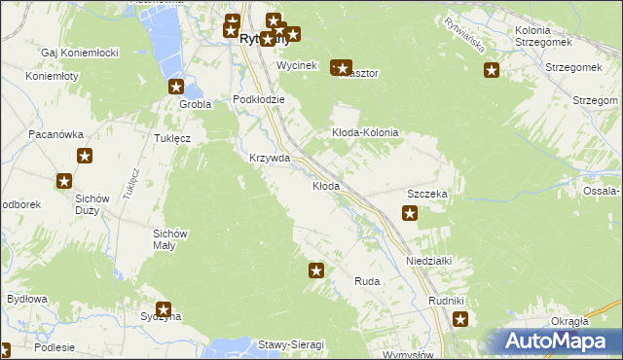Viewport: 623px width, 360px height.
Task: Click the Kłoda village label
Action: (x=326, y=186)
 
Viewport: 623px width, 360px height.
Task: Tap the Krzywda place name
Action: (x=270, y=158)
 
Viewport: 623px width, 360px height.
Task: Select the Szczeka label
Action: (x=426, y=194)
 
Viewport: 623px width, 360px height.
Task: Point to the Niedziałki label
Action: (x=429, y=261)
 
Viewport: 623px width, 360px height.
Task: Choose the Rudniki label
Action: (x=447, y=300)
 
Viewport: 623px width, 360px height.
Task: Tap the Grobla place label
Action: (x=196, y=103)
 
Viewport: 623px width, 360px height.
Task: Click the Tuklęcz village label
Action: (x=172, y=138)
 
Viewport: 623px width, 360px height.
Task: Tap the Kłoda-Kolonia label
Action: (x=366, y=132)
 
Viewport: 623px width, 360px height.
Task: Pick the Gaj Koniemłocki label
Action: (x=80, y=53)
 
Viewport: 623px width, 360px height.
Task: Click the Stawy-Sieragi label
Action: (x=290, y=344)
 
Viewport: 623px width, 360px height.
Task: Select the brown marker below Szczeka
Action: (x=410, y=214)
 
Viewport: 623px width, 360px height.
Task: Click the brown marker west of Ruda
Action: (x=316, y=270)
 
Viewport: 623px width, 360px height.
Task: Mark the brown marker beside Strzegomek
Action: (x=492, y=69)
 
